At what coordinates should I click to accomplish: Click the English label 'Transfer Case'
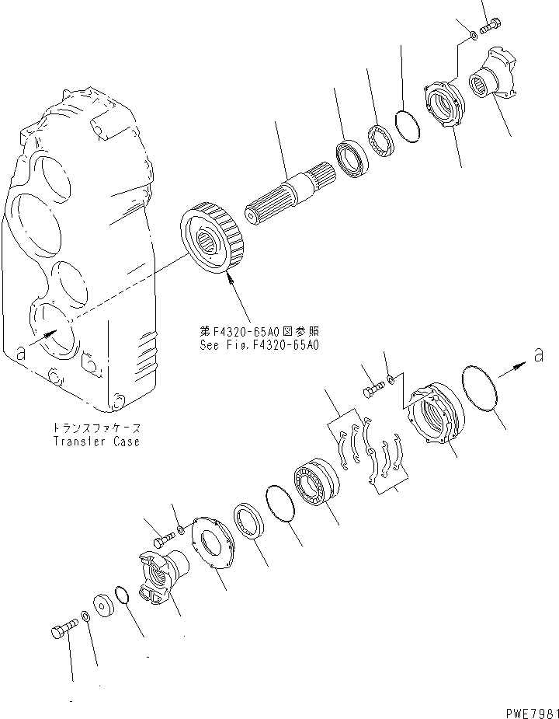pyautogui.click(x=96, y=442)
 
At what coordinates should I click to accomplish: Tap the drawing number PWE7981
pyautogui.click(x=524, y=711)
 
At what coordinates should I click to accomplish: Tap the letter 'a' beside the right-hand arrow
pyautogui.click(x=536, y=355)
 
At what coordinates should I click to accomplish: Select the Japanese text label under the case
pyautogui.click(x=97, y=428)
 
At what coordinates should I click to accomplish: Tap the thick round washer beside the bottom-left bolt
pyautogui.click(x=102, y=605)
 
